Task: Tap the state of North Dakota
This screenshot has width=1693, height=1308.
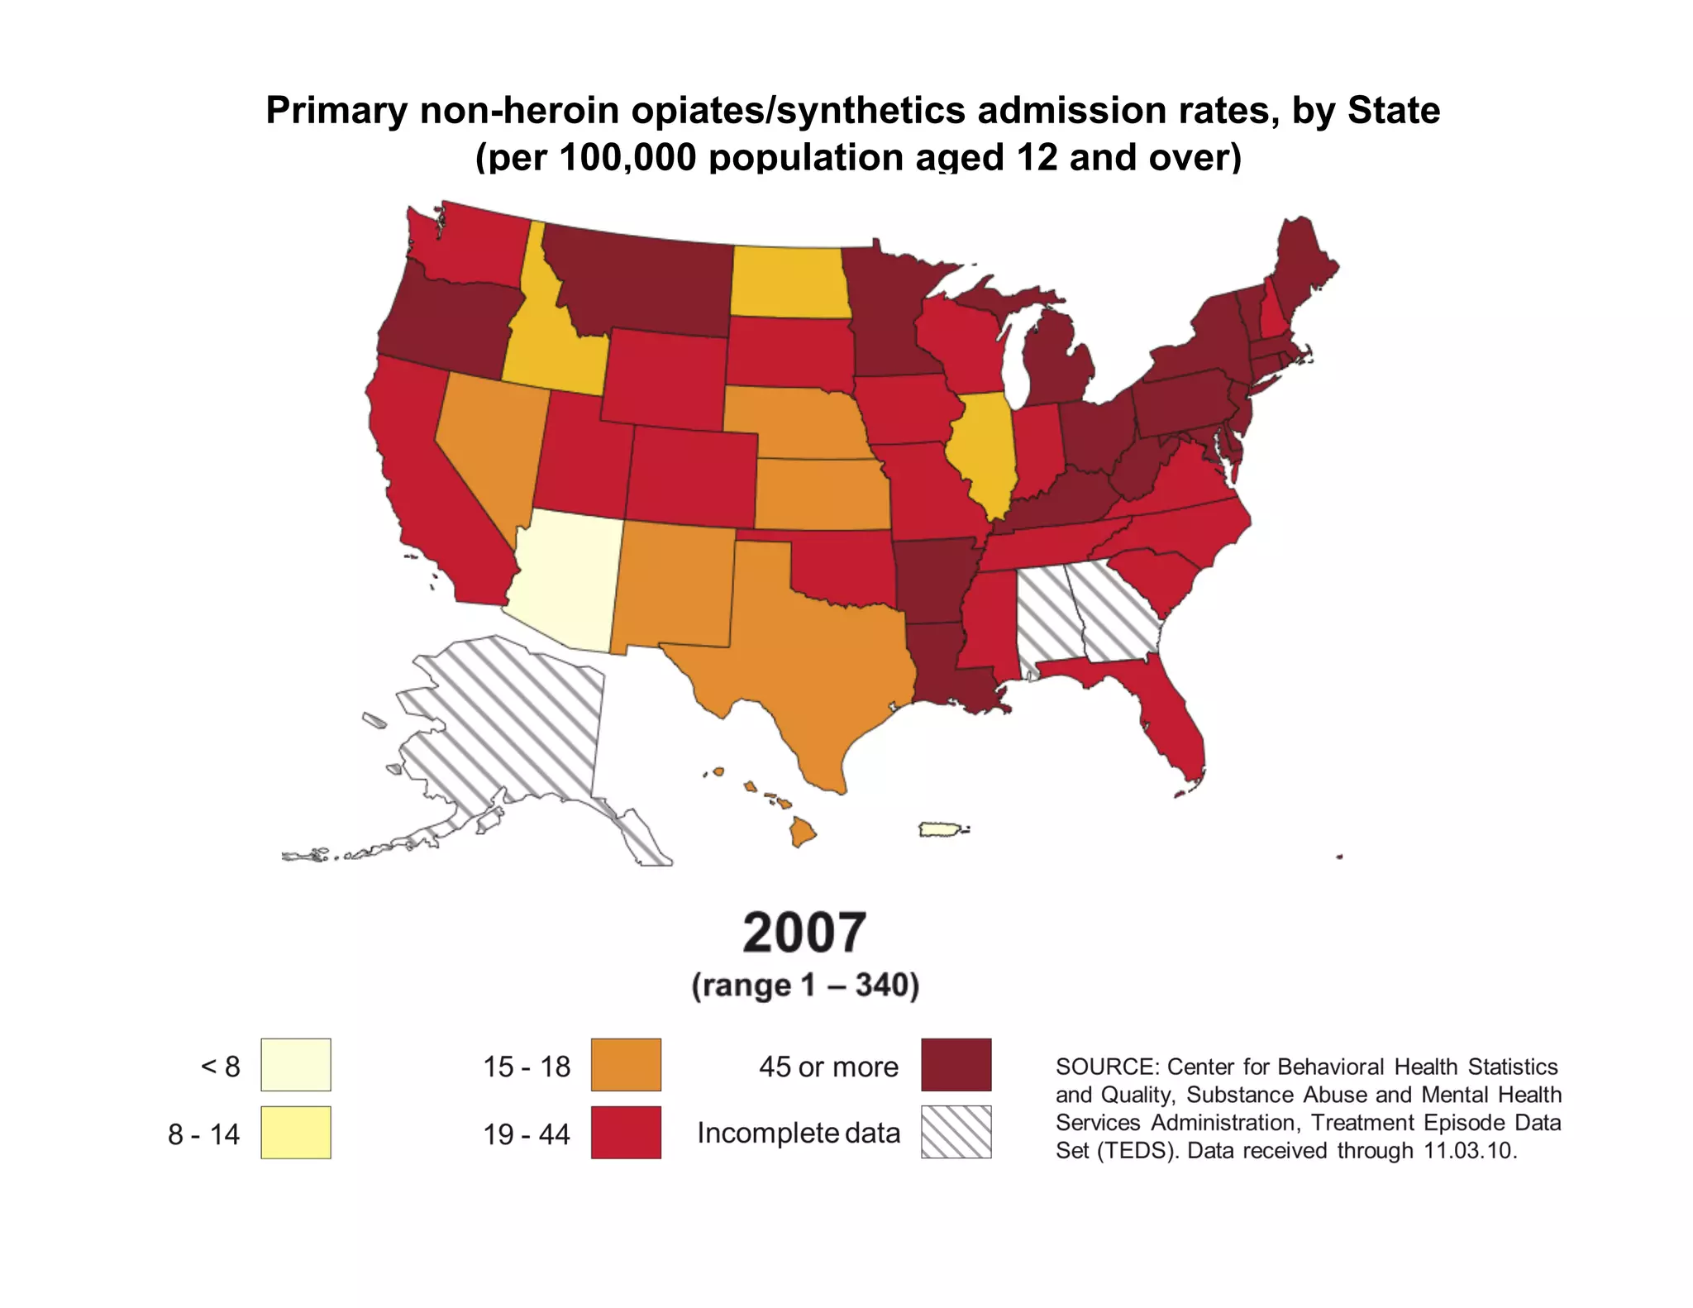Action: [789, 281]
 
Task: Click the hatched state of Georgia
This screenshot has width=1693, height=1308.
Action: [1112, 612]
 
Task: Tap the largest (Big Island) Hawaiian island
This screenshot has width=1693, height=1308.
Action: [802, 831]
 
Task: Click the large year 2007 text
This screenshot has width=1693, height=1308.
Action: [804, 933]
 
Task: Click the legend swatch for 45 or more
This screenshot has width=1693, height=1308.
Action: [956, 1065]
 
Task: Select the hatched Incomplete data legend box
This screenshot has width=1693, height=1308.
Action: [956, 1132]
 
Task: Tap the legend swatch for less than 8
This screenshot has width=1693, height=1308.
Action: [295, 1065]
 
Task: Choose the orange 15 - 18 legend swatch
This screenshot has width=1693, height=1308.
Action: [626, 1065]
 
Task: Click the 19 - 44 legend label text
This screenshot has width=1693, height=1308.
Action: [527, 1134]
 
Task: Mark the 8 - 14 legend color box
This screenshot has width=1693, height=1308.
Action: [295, 1132]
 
